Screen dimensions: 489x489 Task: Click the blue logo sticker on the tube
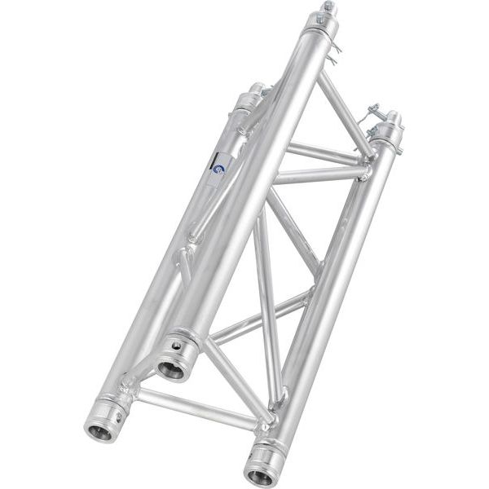coord(218,168)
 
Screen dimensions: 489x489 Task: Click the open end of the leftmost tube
coord(99,431)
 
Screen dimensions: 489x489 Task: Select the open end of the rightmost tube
coord(262,474)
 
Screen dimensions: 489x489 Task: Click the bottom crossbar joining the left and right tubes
coord(196,408)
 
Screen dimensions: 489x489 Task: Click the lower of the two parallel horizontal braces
coord(318,174)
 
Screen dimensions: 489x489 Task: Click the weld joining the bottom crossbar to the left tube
coord(130,389)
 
